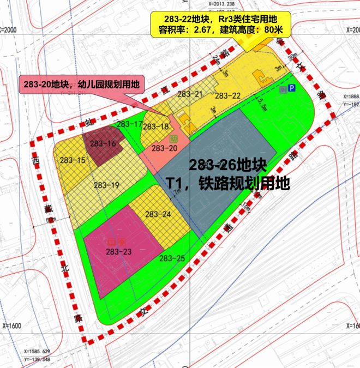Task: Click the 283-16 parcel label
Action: pyautogui.click(x=104, y=144)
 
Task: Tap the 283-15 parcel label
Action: pyautogui.click(x=74, y=160)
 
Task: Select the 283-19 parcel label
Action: pyautogui.click(x=106, y=185)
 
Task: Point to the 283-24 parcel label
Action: pyautogui.click(x=158, y=214)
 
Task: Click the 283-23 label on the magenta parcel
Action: pyautogui.click(x=119, y=251)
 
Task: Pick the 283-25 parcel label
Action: pyautogui.click(x=172, y=258)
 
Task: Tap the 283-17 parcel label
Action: pyautogui.click(x=130, y=124)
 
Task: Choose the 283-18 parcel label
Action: pyautogui.click(x=156, y=126)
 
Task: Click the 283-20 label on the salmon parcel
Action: pyautogui.click(x=165, y=148)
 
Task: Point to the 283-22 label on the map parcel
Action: pyautogui.click(x=228, y=96)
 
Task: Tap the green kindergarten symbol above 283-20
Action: pyautogui.click(x=174, y=138)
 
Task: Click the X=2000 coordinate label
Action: pyautogui.click(x=13, y=30)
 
